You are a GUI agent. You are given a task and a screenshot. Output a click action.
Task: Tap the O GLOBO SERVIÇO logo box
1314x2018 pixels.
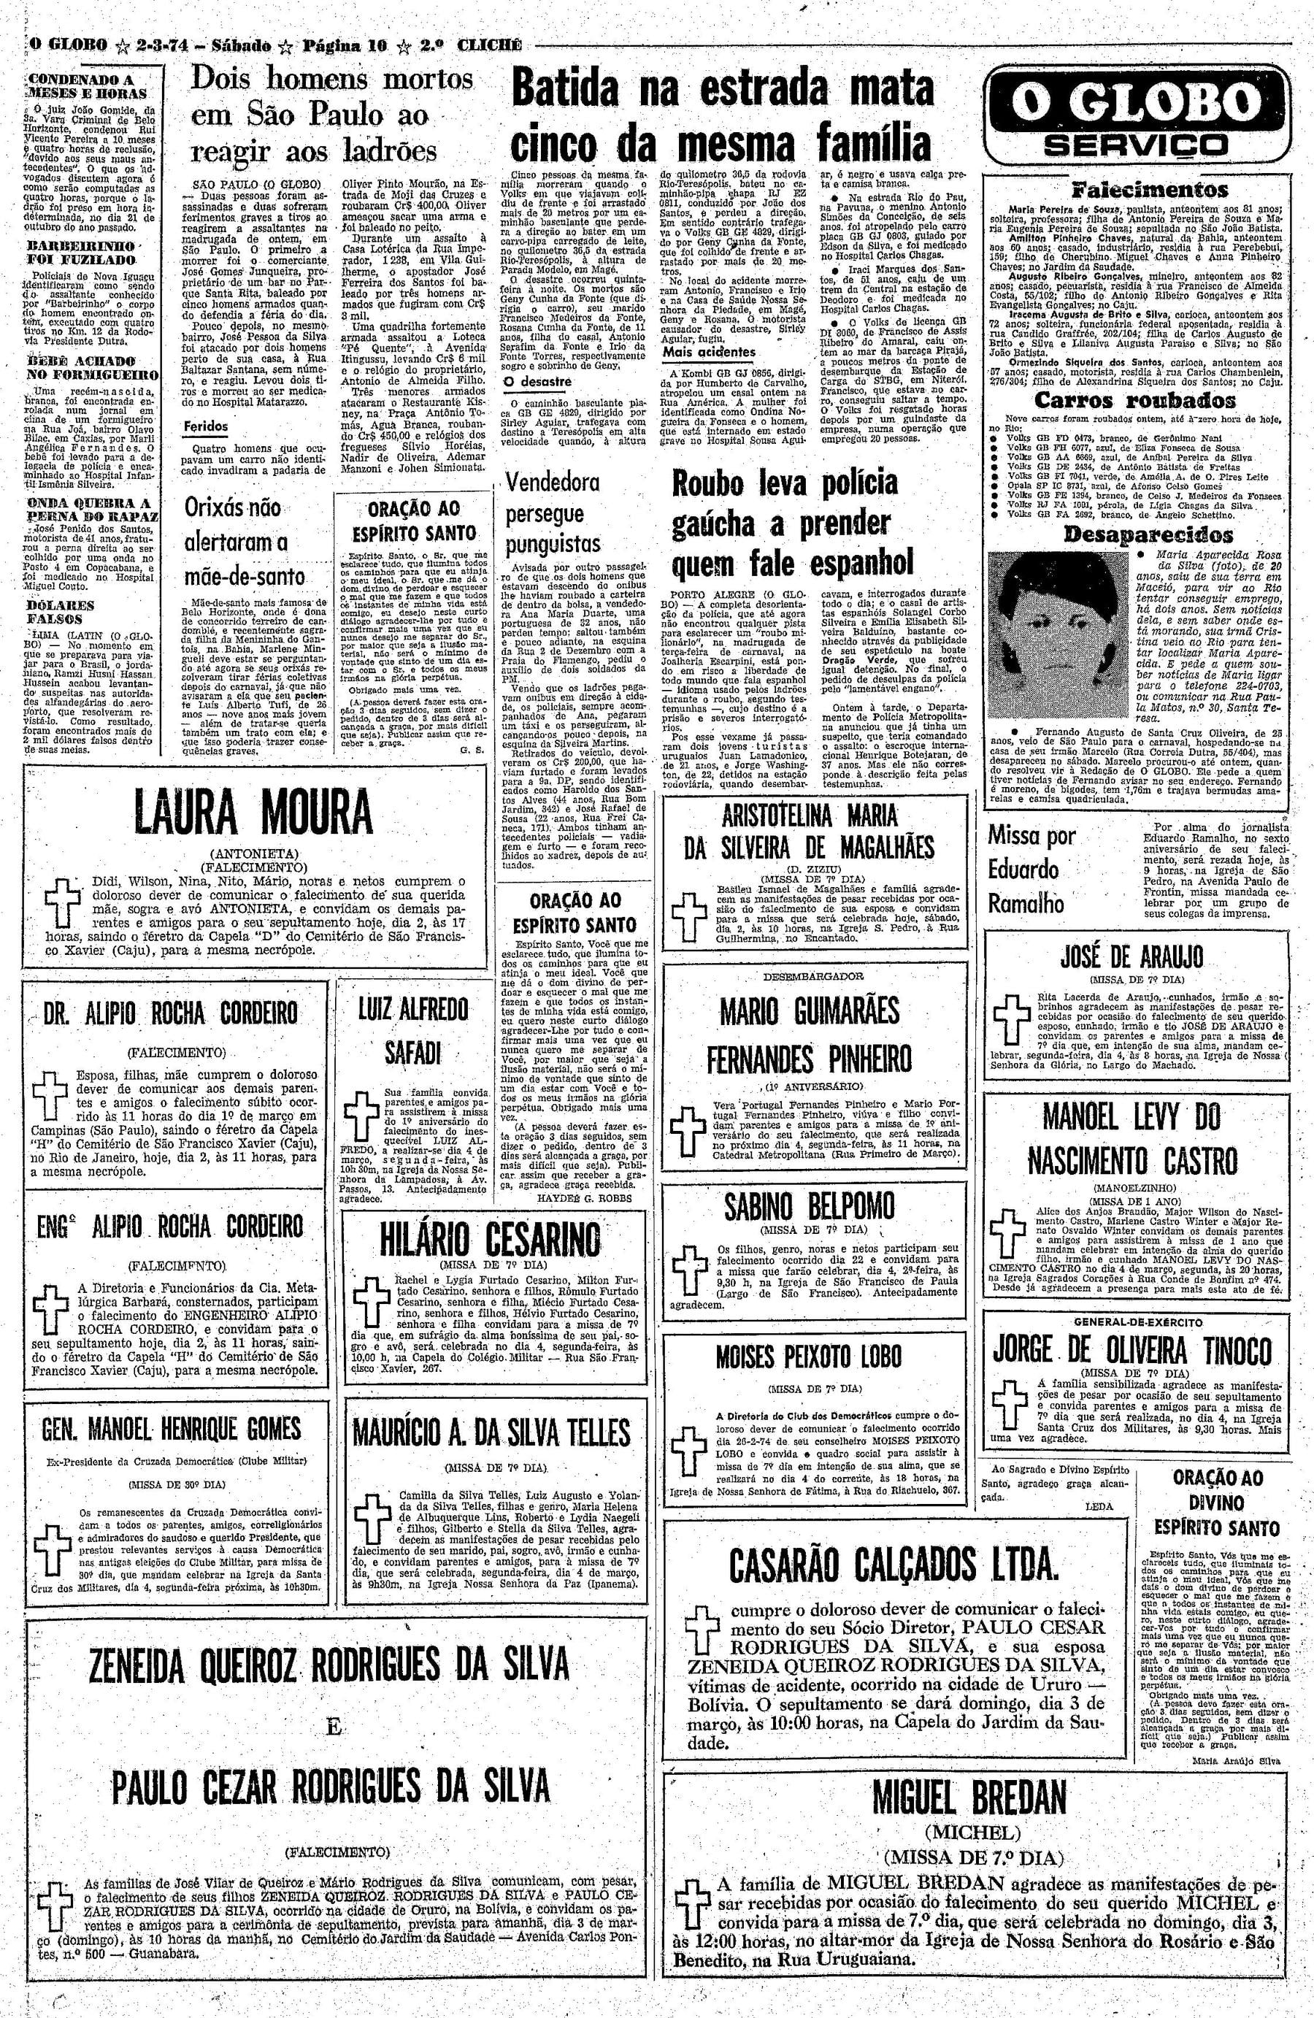click(x=1136, y=116)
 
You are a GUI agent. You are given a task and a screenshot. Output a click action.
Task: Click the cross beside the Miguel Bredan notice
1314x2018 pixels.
click(x=693, y=1868)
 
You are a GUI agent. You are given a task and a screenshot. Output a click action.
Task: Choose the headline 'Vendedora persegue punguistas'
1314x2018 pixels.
click(x=553, y=513)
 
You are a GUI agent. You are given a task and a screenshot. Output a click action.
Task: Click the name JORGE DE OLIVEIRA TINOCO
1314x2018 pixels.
click(x=1132, y=1349)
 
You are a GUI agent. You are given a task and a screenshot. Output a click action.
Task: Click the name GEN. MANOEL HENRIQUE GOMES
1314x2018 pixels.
click(x=172, y=1429)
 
